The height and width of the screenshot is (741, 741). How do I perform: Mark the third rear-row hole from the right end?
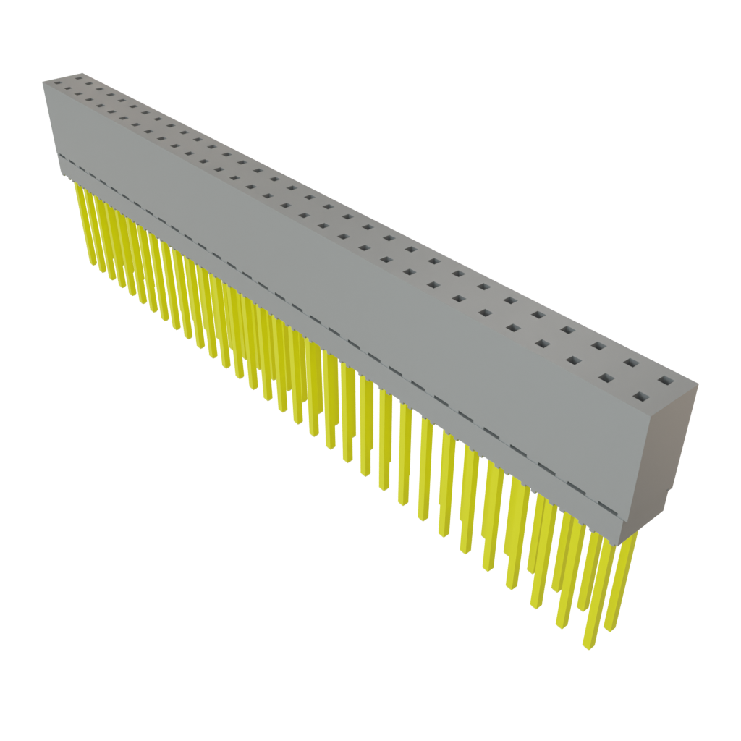598,346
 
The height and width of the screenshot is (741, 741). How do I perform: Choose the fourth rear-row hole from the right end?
568,330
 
